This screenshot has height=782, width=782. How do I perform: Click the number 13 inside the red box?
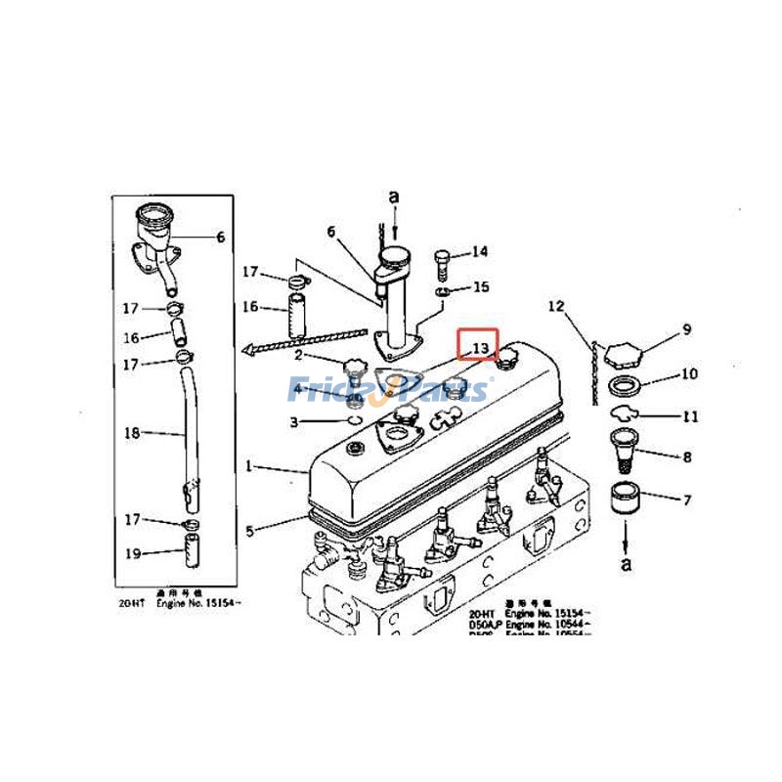[479, 348]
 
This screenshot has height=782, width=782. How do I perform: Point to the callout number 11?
[690, 416]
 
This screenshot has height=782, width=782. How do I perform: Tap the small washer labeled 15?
[444, 290]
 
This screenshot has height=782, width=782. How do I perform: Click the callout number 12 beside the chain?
[556, 306]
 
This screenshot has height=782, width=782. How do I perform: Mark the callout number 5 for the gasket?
[249, 531]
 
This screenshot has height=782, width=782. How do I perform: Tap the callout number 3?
[293, 421]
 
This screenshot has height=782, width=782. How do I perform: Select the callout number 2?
[297, 356]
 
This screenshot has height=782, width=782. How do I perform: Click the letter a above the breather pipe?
[394, 197]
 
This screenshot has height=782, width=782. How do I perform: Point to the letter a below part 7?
[626, 563]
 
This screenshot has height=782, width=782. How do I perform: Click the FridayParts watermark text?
[391, 391]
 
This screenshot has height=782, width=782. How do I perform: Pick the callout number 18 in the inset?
[134, 431]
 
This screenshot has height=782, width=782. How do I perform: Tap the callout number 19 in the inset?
[134, 553]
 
